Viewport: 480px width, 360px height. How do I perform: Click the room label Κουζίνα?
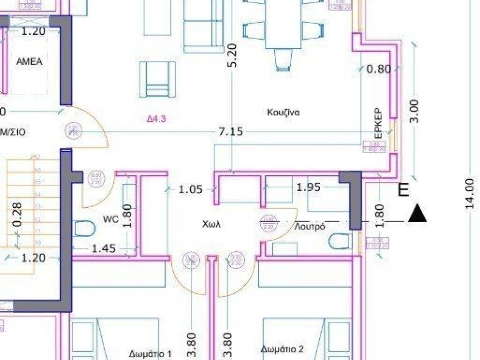point(283,112)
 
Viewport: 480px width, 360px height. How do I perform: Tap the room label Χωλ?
point(211,225)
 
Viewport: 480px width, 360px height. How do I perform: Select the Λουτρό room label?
point(309,226)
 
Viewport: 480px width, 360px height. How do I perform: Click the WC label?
point(110,219)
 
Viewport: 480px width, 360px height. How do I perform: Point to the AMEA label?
point(29,62)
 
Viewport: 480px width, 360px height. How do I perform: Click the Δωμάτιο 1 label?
point(150,353)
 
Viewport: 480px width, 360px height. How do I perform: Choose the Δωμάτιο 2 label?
point(282,349)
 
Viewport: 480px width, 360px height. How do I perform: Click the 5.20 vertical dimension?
point(232,56)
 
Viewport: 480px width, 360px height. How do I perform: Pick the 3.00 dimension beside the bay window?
point(415,111)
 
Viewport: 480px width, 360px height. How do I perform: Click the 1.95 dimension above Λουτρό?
point(308,187)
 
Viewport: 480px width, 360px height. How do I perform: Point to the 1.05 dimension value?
point(191,189)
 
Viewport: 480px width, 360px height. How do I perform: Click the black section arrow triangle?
point(417,213)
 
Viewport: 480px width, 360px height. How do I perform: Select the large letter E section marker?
point(403,190)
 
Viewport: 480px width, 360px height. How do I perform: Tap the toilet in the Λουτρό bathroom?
point(339,241)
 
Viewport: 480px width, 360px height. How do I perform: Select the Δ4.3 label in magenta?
point(157,119)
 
